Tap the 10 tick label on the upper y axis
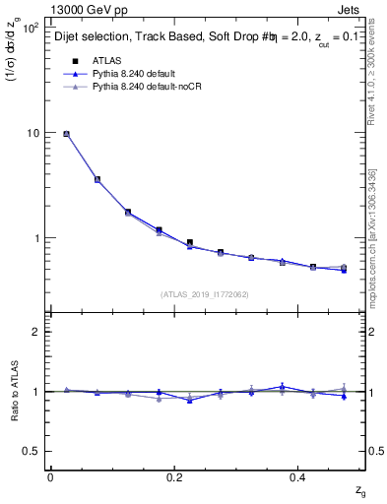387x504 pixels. pyautogui.click(x=33, y=133)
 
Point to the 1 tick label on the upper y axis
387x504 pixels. pyautogui.click(x=36, y=238)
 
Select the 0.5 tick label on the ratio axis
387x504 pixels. pyautogui.click(x=32, y=451)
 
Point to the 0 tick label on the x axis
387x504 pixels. pyautogui.click(x=50, y=477)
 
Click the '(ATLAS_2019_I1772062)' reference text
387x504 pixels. pyautogui.click(x=206, y=294)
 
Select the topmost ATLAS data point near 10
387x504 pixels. pyautogui.click(x=66, y=134)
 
